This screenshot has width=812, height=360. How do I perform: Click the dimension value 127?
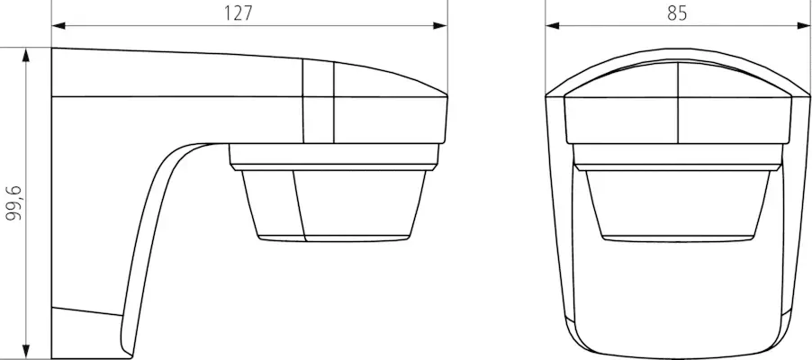(238, 13)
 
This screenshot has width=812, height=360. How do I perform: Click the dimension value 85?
(678, 13)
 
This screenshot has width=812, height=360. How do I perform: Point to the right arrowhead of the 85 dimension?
(803, 25)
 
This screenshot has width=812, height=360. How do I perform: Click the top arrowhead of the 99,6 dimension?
(27, 54)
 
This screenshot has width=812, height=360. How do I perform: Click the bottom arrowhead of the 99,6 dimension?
(27, 350)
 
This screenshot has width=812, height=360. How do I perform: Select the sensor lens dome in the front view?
(678, 202)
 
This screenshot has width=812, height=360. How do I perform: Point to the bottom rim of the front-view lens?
(678, 238)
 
